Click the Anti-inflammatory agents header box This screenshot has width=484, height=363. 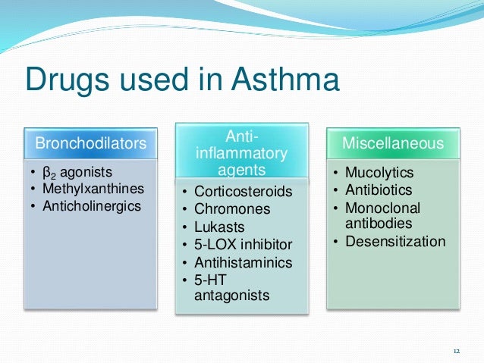tap(232, 154)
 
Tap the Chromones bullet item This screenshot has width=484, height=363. tap(232, 209)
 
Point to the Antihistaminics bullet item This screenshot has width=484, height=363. tap(243, 261)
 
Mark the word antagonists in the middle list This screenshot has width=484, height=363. tap(231, 296)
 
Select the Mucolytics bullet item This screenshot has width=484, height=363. tap(379, 174)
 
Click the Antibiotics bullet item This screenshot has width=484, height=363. tap(379, 190)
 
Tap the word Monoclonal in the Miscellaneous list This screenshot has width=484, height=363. tap(382, 208)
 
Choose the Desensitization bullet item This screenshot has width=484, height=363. tap(395, 242)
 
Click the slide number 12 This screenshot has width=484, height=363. tap(456, 351)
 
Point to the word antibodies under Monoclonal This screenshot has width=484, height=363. tap(379, 224)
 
